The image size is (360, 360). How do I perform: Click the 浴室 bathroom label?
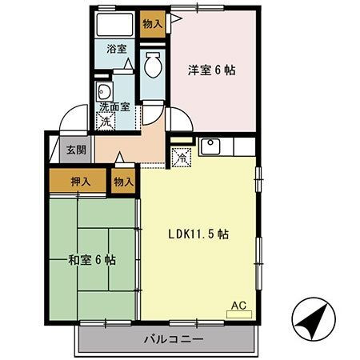117,50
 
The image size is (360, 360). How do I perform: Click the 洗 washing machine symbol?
106,122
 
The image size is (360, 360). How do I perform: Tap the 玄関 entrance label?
77,150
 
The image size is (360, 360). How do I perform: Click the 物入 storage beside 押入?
124,182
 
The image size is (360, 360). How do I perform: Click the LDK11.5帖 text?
198,234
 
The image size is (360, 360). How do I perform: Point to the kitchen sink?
212,147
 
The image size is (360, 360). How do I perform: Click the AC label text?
239,305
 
